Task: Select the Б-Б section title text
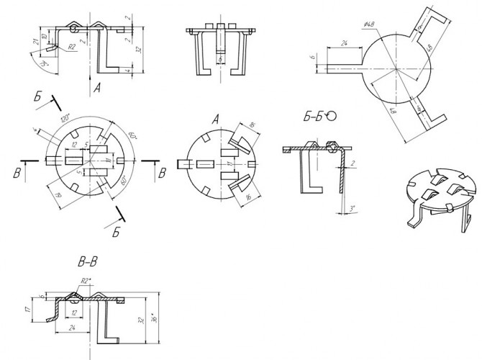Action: coord(314,116)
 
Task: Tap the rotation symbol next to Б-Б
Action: coord(332,115)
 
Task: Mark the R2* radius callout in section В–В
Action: coord(84,281)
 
